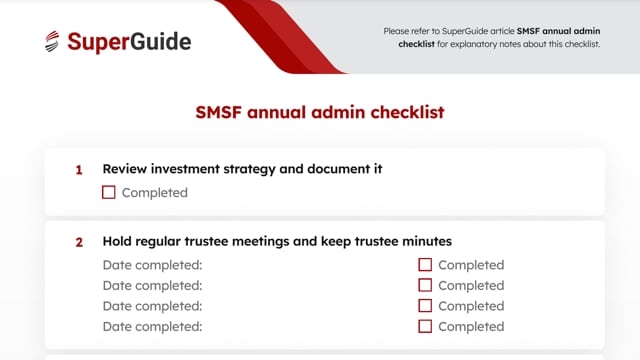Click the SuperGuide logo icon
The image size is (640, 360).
pyautogui.click(x=52, y=42)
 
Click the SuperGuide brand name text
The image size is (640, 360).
pyautogui.click(x=129, y=42)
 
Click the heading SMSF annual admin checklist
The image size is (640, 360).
pyautogui.click(x=319, y=111)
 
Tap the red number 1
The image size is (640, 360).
pyautogui.click(x=79, y=170)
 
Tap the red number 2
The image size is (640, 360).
pyautogui.click(x=79, y=242)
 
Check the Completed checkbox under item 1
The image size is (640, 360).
pyautogui.click(x=109, y=192)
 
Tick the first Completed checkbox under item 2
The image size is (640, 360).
pyautogui.click(x=425, y=265)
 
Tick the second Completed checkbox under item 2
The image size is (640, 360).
pyautogui.click(x=425, y=285)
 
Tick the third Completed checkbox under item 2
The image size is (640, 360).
pyautogui.click(x=425, y=306)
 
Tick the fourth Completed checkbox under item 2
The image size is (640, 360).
pyautogui.click(x=425, y=326)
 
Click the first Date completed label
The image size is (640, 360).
pyautogui.click(x=152, y=265)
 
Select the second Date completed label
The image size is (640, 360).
pyautogui.click(x=152, y=285)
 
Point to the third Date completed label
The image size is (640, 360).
pyautogui.click(x=152, y=306)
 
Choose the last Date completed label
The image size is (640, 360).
pyautogui.click(x=152, y=326)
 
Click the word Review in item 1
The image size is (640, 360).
pyautogui.click(x=126, y=169)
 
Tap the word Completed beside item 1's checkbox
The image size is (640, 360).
pyautogui.click(x=154, y=192)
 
